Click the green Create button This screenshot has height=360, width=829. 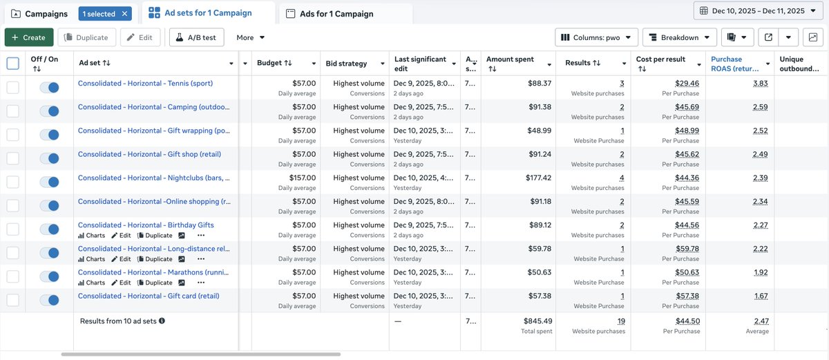[28, 37]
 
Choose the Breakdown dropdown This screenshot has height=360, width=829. [678, 37]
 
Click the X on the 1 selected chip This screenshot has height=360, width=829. [124, 14]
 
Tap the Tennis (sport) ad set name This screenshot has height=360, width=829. [145, 84]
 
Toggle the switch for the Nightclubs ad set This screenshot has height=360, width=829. [50, 182]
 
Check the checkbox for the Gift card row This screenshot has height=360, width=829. [13, 300]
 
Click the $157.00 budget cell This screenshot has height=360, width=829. [299, 178]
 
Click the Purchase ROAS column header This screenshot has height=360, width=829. [736, 64]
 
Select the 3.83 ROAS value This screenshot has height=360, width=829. [761, 84]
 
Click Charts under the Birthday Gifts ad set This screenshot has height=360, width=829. [92, 236]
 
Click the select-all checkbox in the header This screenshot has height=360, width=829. [13, 64]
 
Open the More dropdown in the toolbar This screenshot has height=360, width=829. [251, 37]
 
